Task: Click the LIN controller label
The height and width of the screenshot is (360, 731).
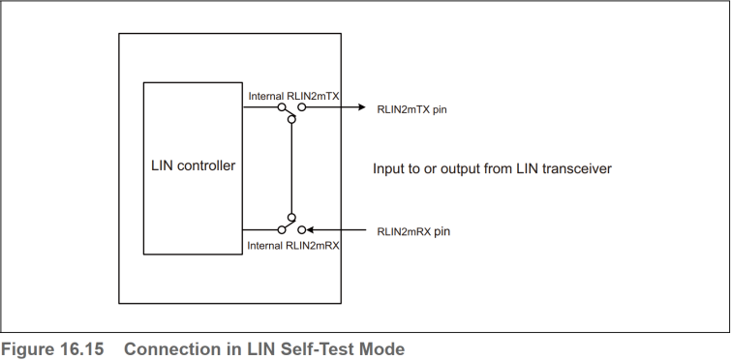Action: (x=193, y=165)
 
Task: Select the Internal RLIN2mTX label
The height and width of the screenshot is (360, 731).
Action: (x=293, y=96)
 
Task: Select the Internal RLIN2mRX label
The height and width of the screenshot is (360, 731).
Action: (x=293, y=246)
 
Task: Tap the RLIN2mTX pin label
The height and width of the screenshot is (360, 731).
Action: (x=411, y=109)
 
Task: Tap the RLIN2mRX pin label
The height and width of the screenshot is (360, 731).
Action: (x=413, y=231)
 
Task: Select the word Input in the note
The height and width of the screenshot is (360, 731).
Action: (x=390, y=168)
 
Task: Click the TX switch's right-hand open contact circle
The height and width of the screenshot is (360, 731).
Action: (x=302, y=107)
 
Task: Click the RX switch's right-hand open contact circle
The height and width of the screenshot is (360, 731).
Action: (x=302, y=229)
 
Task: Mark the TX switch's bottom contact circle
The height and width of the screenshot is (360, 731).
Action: (x=291, y=119)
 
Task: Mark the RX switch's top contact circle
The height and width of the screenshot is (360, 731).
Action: (x=291, y=218)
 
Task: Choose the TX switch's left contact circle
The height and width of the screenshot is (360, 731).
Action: (x=281, y=107)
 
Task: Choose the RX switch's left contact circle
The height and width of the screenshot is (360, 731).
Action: (x=281, y=229)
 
